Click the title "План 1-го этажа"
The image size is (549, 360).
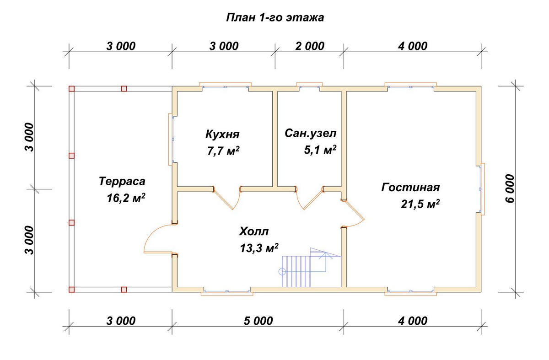click(x=275, y=18)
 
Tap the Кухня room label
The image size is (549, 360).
click(x=223, y=134)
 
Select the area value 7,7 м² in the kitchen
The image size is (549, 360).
click(x=223, y=151)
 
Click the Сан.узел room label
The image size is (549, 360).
click(x=311, y=133)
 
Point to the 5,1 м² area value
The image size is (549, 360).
click(x=320, y=150)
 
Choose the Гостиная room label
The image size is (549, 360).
click(x=410, y=188)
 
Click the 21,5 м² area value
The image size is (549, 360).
click(x=420, y=204)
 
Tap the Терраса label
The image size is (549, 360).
click(x=122, y=181)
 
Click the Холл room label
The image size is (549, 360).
click(x=254, y=231)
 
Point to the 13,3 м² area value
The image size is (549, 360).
click(x=259, y=248)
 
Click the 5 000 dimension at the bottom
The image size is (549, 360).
click(x=257, y=321)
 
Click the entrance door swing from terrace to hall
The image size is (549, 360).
click(x=158, y=238)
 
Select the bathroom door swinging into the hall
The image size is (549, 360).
click(x=309, y=199)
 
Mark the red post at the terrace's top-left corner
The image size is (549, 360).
click(x=71, y=89)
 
